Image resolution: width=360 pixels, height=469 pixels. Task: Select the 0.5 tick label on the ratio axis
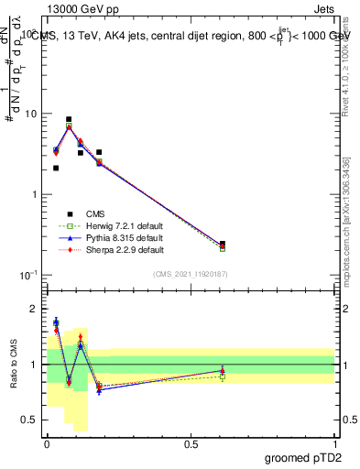(29, 420)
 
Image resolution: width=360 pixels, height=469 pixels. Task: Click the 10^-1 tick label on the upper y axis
(27, 276)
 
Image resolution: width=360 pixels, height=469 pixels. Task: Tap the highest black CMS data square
(69, 119)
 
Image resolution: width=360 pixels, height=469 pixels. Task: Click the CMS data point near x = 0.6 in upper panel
(223, 244)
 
